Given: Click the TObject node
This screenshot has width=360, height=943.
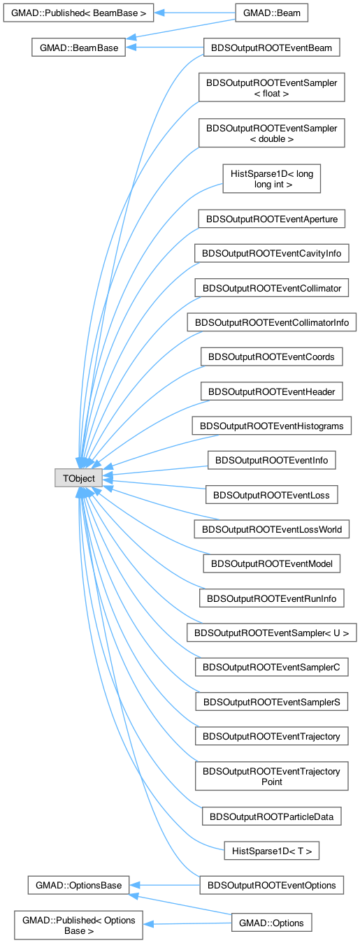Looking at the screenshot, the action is coord(78,478).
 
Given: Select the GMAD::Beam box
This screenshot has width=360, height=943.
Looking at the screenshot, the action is coord(272,13).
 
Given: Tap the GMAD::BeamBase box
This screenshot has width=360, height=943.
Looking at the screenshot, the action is coord(79,48).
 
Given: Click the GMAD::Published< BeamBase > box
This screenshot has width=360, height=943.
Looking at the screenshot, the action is coord(78,13).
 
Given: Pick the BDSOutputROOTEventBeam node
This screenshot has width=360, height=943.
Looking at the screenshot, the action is coord(272,48).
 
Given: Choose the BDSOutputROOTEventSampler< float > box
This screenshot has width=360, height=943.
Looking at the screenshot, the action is coord(272,87).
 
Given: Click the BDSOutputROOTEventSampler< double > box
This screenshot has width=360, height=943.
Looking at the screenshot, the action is coord(272,133).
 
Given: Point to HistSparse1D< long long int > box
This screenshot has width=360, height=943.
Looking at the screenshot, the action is coord(272,178).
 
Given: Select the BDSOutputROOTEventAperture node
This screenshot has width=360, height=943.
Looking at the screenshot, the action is coord(272,219).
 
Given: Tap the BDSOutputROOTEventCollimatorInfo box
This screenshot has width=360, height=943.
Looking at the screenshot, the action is coord(272,322).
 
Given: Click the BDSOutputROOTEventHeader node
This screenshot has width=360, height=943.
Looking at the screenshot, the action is coord(272,391).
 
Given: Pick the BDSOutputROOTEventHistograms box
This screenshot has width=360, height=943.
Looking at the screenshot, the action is coord(272,426).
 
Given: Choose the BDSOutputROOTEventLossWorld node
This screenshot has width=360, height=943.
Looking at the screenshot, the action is coord(272,529).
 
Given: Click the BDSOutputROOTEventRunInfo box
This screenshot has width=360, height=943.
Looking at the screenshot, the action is coord(272,598).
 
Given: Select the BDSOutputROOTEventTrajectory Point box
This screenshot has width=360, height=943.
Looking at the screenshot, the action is coord(272,776).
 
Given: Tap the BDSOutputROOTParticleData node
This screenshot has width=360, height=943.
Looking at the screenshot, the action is coord(272,816).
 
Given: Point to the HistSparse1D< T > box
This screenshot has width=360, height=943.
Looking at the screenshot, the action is coord(272,851).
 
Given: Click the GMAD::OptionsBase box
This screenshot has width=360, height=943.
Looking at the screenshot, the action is coord(78,885).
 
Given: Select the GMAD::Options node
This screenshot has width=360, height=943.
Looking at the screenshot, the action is coord(272,923).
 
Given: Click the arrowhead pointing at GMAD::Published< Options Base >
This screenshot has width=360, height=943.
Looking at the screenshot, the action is coord(148,924).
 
